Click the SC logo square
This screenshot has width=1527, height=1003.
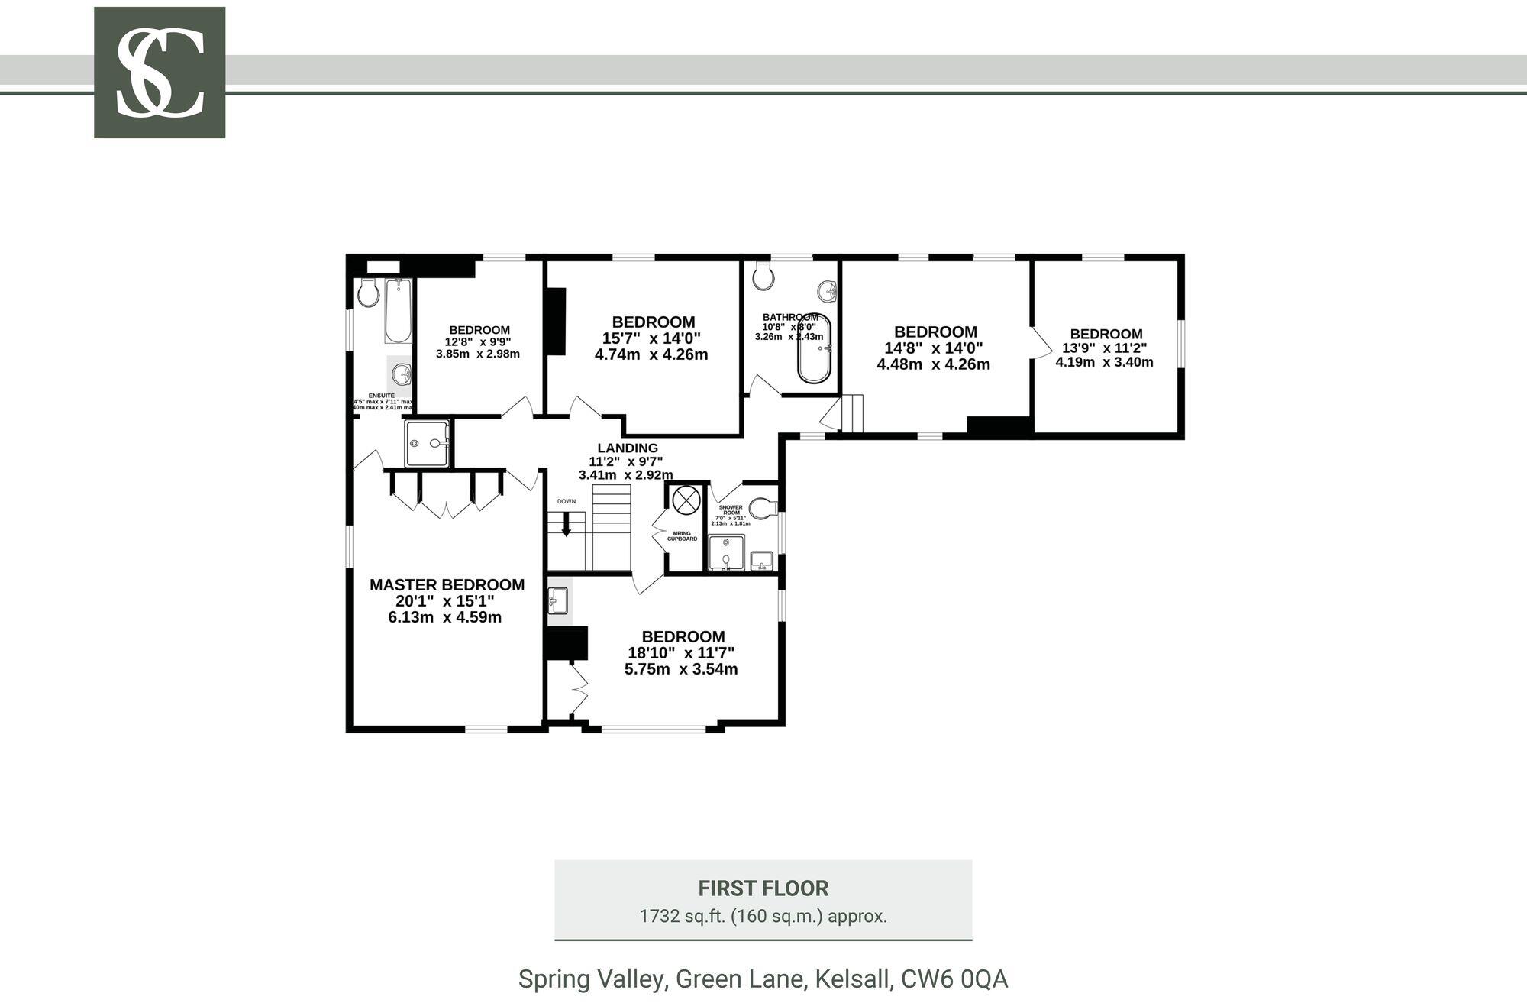pyautogui.click(x=160, y=73)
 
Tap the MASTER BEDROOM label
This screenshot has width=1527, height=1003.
pyautogui.click(x=447, y=585)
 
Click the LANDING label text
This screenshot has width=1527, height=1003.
pyautogui.click(x=628, y=448)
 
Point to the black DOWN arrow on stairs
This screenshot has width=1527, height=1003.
pyautogui.click(x=566, y=524)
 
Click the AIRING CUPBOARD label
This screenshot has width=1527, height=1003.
pyautogui.click(x=682, y=536)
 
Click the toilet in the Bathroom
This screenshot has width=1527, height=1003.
pyautogui.click(x=762, y=277)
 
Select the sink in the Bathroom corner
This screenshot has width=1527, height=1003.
pyautogui.click(x=827, y=291)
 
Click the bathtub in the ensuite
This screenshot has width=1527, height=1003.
pyautogui.click(x=397, y=311)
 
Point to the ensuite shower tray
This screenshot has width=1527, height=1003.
pyautogui.click(x=427, y=443)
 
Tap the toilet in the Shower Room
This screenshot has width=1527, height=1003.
pyautogui.click(x=762, y=507)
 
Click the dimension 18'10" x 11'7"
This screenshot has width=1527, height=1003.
pyautogui.click(x=681, y=653)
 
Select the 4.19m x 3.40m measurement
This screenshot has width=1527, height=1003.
pyautogui.click(x=1104, y=362)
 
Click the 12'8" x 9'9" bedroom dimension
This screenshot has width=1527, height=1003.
pyautogui.click(x=478, y=342)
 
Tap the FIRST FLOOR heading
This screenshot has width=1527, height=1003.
pyautogui.click(x=763, y=888)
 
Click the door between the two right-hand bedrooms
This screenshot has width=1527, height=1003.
pyautogui.click(x=1039, y=343)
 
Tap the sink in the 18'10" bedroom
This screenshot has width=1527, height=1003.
pyautogui.click(x=558, y=600)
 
